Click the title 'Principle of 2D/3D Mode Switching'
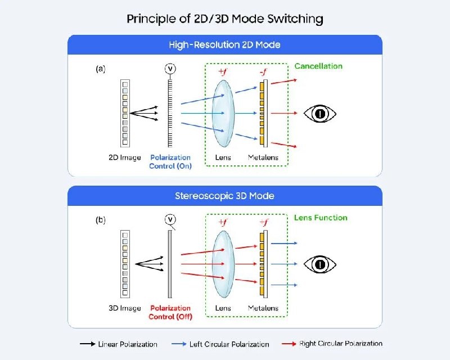point(224,19)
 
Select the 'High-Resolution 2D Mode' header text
point(224,44)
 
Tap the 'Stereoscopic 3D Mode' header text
point(224,196)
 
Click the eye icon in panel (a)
point(320,114)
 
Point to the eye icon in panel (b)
point(320,264)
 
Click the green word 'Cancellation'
point(318,66)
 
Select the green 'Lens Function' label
point(321,218)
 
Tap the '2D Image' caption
point(124,158)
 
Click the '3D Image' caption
point(124,308)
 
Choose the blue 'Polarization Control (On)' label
point(170,162)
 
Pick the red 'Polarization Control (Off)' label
point(170,312)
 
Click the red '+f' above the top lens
point(223,73)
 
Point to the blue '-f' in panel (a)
point(263,73)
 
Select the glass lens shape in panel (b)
point(224,264)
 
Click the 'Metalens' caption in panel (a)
point(263,158)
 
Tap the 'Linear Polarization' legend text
point(127,344)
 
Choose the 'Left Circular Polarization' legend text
point(228,344)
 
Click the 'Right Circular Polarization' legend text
point(341,344)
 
